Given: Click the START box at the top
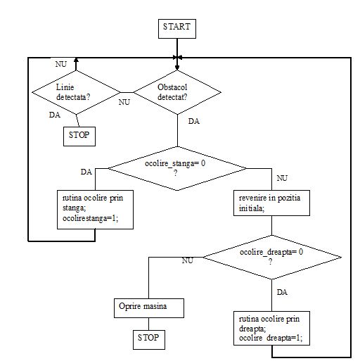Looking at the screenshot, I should point(176,28).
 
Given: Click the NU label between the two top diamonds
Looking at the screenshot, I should point(124,101).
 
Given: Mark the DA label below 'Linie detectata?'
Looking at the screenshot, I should point(54,115).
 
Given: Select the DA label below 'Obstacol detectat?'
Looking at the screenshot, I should point(193,122).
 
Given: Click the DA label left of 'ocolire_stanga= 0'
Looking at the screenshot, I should point(86,172).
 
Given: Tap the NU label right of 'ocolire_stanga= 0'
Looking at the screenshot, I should point(281,179).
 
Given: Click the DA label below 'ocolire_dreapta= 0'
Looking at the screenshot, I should point(281,291).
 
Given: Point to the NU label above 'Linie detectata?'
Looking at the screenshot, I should point(60,64).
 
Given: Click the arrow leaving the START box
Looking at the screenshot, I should point(176,48).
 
